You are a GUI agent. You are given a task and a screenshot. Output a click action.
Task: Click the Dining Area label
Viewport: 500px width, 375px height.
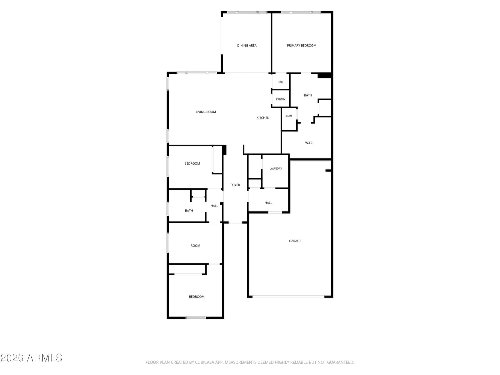click(x=247, y=46)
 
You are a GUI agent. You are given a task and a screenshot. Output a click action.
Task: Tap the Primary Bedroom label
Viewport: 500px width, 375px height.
click(x=301, y=46)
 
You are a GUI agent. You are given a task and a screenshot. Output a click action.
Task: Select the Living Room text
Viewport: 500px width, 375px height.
click(x=206, y=112)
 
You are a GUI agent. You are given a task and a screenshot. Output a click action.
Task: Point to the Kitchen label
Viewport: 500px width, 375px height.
click(x=263, y=118)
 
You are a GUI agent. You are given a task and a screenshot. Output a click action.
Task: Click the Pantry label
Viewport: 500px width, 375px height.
click(x=280, y=99)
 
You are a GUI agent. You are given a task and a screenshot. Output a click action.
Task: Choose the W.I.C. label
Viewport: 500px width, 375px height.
click(x=309, y=143)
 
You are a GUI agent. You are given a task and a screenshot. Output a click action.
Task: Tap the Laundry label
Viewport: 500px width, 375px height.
click(x=276, y=168)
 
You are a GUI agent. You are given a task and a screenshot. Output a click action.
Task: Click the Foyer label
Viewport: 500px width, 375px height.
click(x=235, y=185)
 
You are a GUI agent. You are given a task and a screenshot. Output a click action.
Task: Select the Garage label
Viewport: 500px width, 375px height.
click(x=295, y=241)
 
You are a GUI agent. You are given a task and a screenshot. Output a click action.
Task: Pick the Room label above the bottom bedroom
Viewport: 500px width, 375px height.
click(x=195, y=246)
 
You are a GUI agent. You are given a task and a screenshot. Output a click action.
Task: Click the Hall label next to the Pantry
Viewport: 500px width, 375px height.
click(x=280, y=82)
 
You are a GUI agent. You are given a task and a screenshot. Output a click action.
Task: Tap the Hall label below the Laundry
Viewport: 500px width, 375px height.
click(x=268, y=202)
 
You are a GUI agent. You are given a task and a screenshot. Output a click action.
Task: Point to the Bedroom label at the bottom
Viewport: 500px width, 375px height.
click(x=197, y=297)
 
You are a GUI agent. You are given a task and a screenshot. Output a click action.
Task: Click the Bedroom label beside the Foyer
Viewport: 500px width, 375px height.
click(x=192, y=163)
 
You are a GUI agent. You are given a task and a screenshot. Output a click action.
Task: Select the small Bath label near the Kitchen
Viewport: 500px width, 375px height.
click(x=288, y=116)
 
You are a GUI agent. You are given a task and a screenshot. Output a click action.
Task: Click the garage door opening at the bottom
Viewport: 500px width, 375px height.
click(x=288, y=297)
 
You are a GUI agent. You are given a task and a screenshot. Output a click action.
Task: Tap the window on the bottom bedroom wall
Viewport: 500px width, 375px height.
click(x=196, y=317)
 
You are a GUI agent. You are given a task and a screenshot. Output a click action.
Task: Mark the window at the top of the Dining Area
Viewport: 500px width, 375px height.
click(x=247, y=12)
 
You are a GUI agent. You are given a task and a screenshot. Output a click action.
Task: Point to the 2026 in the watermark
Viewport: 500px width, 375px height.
click(x=12, y=358)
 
